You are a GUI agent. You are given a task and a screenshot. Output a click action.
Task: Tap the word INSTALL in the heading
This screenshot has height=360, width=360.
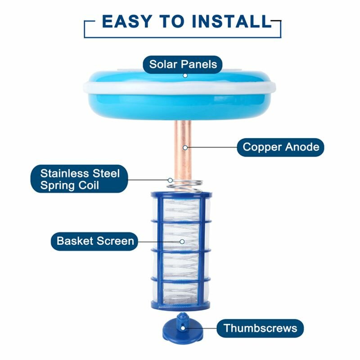click(x=231, y=21)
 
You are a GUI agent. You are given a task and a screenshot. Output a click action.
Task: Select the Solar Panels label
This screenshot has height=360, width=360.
click(x=183, y=64)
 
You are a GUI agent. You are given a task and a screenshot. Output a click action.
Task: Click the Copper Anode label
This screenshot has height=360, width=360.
click(x=280, y=147)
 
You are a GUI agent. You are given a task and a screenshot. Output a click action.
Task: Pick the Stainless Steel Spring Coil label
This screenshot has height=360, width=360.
click(x=80, y=179)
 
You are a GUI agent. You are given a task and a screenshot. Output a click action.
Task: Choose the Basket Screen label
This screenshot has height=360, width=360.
click(x=94, y=241)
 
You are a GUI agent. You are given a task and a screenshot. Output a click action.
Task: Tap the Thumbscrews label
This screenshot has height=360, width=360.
click(x=260, y=328)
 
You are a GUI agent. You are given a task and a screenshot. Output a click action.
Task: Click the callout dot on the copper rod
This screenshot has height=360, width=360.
click(x=185, y=148)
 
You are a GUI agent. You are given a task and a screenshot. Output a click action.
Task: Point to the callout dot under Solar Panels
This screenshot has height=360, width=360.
click(x=185, y=76)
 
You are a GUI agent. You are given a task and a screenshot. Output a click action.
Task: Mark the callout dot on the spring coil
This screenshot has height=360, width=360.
click(x=170, y=180)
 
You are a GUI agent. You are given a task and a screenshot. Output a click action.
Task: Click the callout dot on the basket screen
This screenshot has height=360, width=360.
click(x=182, y=242)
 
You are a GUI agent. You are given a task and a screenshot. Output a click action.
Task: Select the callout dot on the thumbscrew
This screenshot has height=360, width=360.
click(x=183, y=328)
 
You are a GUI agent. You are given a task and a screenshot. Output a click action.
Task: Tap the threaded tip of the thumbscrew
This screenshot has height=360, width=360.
click(x=182, y=317)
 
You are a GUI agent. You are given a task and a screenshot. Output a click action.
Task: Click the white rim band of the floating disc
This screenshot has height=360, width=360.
click(x=180, y=88)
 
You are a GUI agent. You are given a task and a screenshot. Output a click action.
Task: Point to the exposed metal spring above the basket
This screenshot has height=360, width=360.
click(x=185, y=185)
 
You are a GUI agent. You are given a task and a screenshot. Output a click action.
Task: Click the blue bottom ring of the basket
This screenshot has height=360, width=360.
click(x=180, y=306)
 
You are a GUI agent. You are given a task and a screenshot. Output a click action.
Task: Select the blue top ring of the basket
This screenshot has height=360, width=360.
click(x=181, y=195)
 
